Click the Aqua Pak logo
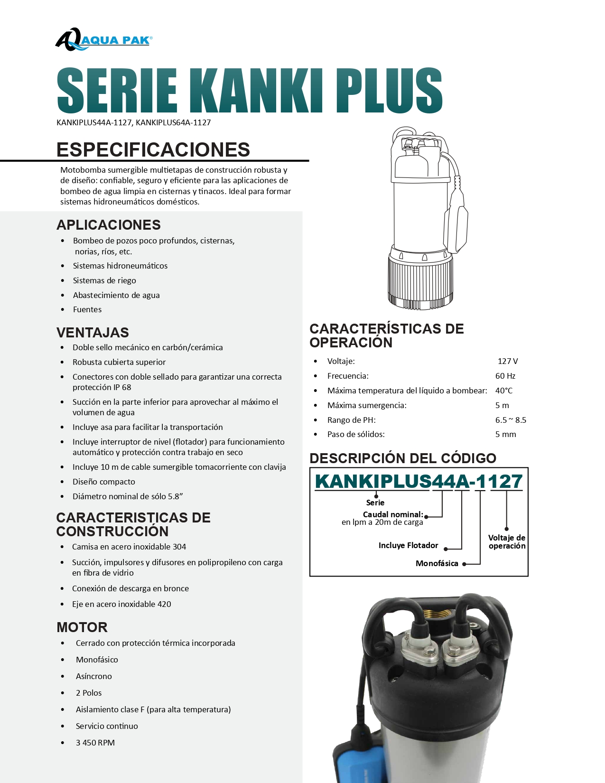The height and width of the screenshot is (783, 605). pos(103,40)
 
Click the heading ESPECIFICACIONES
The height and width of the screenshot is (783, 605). pos(153,149)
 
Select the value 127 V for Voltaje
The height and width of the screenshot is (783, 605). pos(507,361)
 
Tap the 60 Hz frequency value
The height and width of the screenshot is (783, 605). pos(505,376)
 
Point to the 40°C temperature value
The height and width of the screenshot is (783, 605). pos(503,391)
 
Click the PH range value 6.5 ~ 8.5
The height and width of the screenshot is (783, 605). pos(511,420)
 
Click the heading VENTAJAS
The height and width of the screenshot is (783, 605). pos(93,332)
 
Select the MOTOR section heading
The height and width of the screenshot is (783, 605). pos(82,627)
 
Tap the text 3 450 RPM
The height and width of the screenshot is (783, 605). pos(95,743)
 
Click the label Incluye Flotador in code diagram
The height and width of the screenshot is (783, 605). pos(408,545)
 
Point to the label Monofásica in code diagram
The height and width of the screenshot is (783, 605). pos(437,563)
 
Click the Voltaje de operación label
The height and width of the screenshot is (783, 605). pos(507,541)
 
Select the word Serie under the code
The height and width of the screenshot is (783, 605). pos(375,503)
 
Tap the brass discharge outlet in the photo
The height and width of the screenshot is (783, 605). pos(436,616)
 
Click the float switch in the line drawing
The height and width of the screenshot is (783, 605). pos(456,223)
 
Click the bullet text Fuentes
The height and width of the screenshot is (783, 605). pos(87,309)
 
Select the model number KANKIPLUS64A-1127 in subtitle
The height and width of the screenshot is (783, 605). pos(173,122)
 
